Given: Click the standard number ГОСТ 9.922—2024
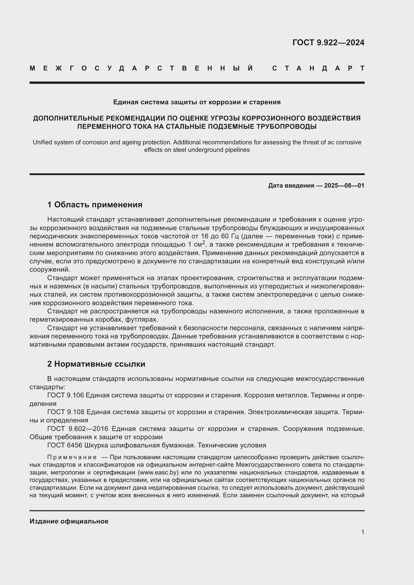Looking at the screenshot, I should coord(328,43).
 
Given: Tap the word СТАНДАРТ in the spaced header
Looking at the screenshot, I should coord(318,69).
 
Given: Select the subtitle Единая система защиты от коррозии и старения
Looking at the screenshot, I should coord(197,102).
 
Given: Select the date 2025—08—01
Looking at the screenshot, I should coord(344,186).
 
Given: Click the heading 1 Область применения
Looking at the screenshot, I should coord(95,205).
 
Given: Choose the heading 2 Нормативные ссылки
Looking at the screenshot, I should coord(96,364).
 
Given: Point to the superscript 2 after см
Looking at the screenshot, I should coord(204,243).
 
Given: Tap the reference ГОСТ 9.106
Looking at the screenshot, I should coord(66,395).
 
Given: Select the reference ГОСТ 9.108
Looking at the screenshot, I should coord(66,412).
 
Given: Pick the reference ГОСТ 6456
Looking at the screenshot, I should coord(65,445).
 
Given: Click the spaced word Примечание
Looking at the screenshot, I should coord(72,457).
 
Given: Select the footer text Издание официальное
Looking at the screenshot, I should coord(69,521).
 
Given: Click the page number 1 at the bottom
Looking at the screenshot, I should coord(362,532).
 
